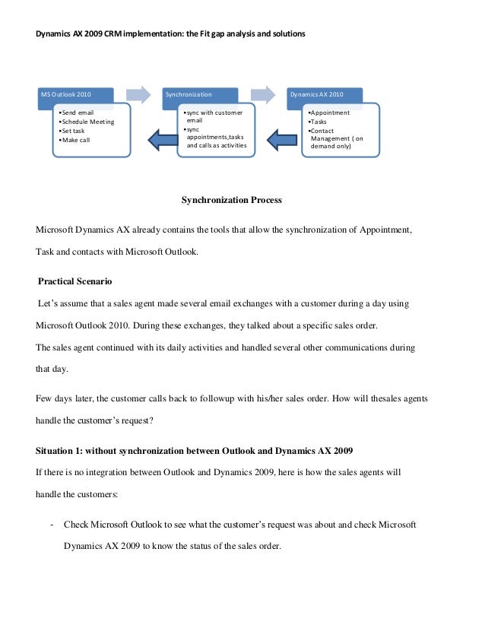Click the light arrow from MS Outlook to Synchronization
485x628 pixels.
pyautogui.click(x=138, y=94)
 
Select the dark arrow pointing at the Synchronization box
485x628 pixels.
pyautogui.click(x=283, y=138)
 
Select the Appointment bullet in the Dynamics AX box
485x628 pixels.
pyautogui.click(x=328, y=113)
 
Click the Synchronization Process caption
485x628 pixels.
pyautogui.click(x=231, y=201)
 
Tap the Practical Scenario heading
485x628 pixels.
pyautogui.click(x=75, y=281)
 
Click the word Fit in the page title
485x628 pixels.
pyautogui.click(x=215, y=35)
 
